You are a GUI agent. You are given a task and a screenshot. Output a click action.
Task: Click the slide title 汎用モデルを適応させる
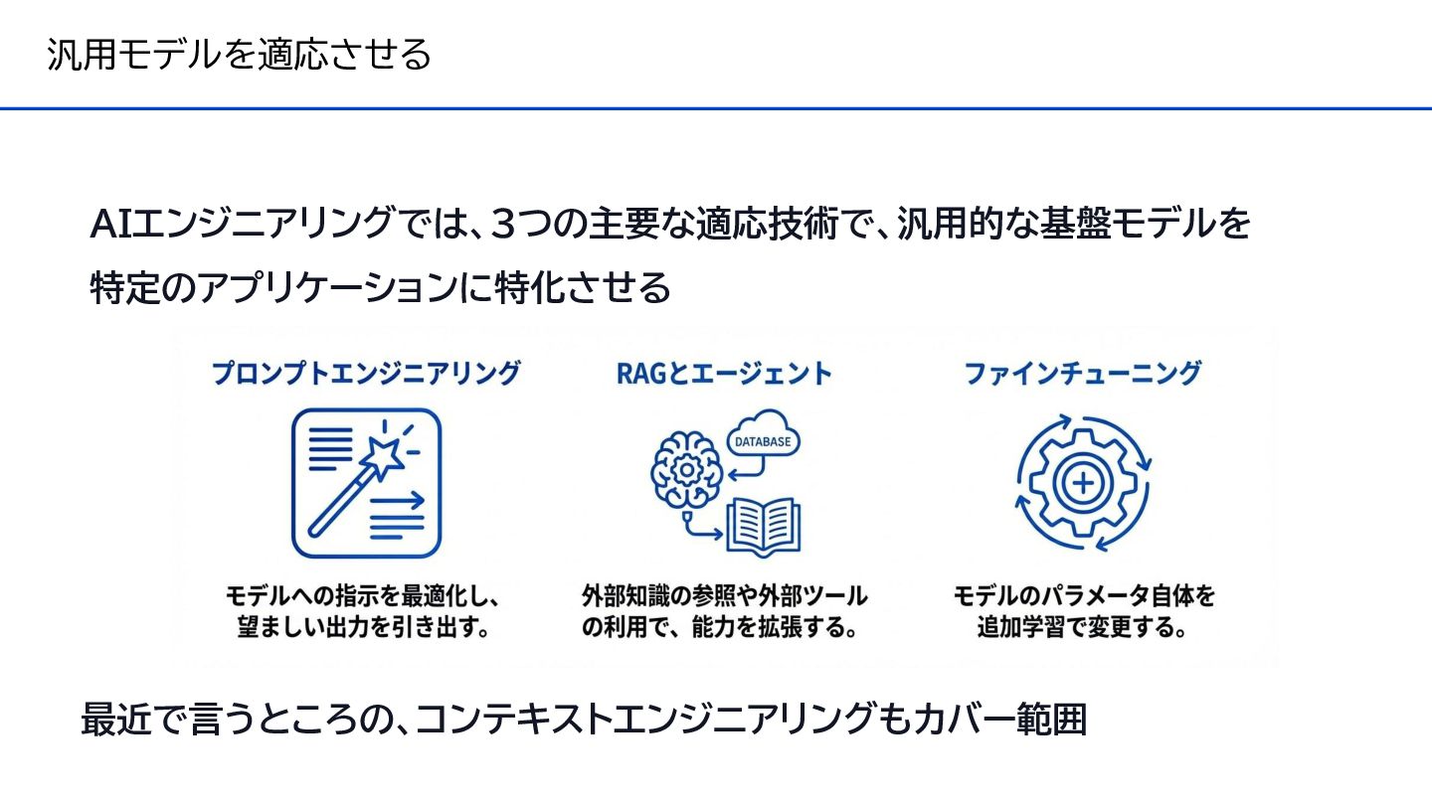click(x=239, y=54)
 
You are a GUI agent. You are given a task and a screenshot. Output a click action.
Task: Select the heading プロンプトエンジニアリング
click(x=366, y=374)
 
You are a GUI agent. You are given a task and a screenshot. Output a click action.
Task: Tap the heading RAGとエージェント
click(x=724, y=374)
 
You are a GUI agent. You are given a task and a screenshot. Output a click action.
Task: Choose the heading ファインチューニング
click(x=1083, y=374)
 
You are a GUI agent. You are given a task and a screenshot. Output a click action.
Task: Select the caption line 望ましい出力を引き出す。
click(x=365, y=628)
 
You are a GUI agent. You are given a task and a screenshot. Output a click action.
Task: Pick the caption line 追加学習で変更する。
click(x=1083, y=628)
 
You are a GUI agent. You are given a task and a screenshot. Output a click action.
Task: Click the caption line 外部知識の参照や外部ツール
click(x=724, y=596)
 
